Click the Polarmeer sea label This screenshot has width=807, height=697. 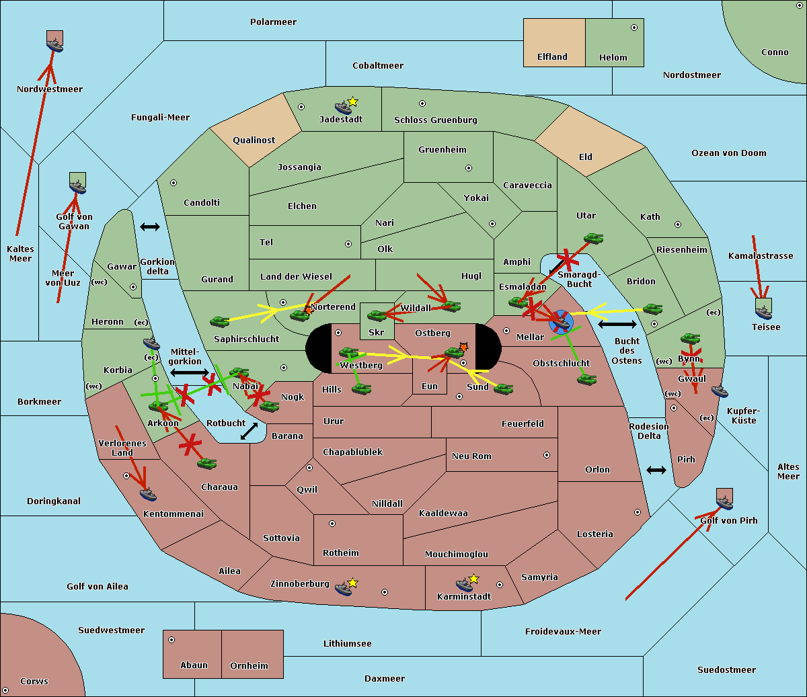pos(273,22)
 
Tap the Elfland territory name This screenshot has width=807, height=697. pos(552,57)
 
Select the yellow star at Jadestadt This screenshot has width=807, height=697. pos(353,101)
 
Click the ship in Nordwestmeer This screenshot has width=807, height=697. pos(54,44)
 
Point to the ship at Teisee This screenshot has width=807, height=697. pos(763,312)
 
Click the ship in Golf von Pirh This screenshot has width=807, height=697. pos(724,502)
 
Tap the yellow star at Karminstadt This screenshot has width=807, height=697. pos(473,579)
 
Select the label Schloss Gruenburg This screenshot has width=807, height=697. pos(435,120)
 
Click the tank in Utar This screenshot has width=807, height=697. pos(593,238)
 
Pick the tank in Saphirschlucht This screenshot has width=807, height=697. pos(220,321)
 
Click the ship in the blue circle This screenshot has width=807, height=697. pos(560,322)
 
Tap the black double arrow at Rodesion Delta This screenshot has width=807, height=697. pos(656,470)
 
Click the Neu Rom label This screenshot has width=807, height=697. pos(471,456)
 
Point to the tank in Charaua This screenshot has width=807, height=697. pos(206,463)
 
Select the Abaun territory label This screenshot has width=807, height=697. pos(194,665)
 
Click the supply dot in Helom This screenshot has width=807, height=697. pos(633,28)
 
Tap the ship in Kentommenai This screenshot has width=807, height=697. pos(149,495)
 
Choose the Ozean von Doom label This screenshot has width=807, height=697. pos(728,153)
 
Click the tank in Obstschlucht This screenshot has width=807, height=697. pos(586,379)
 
